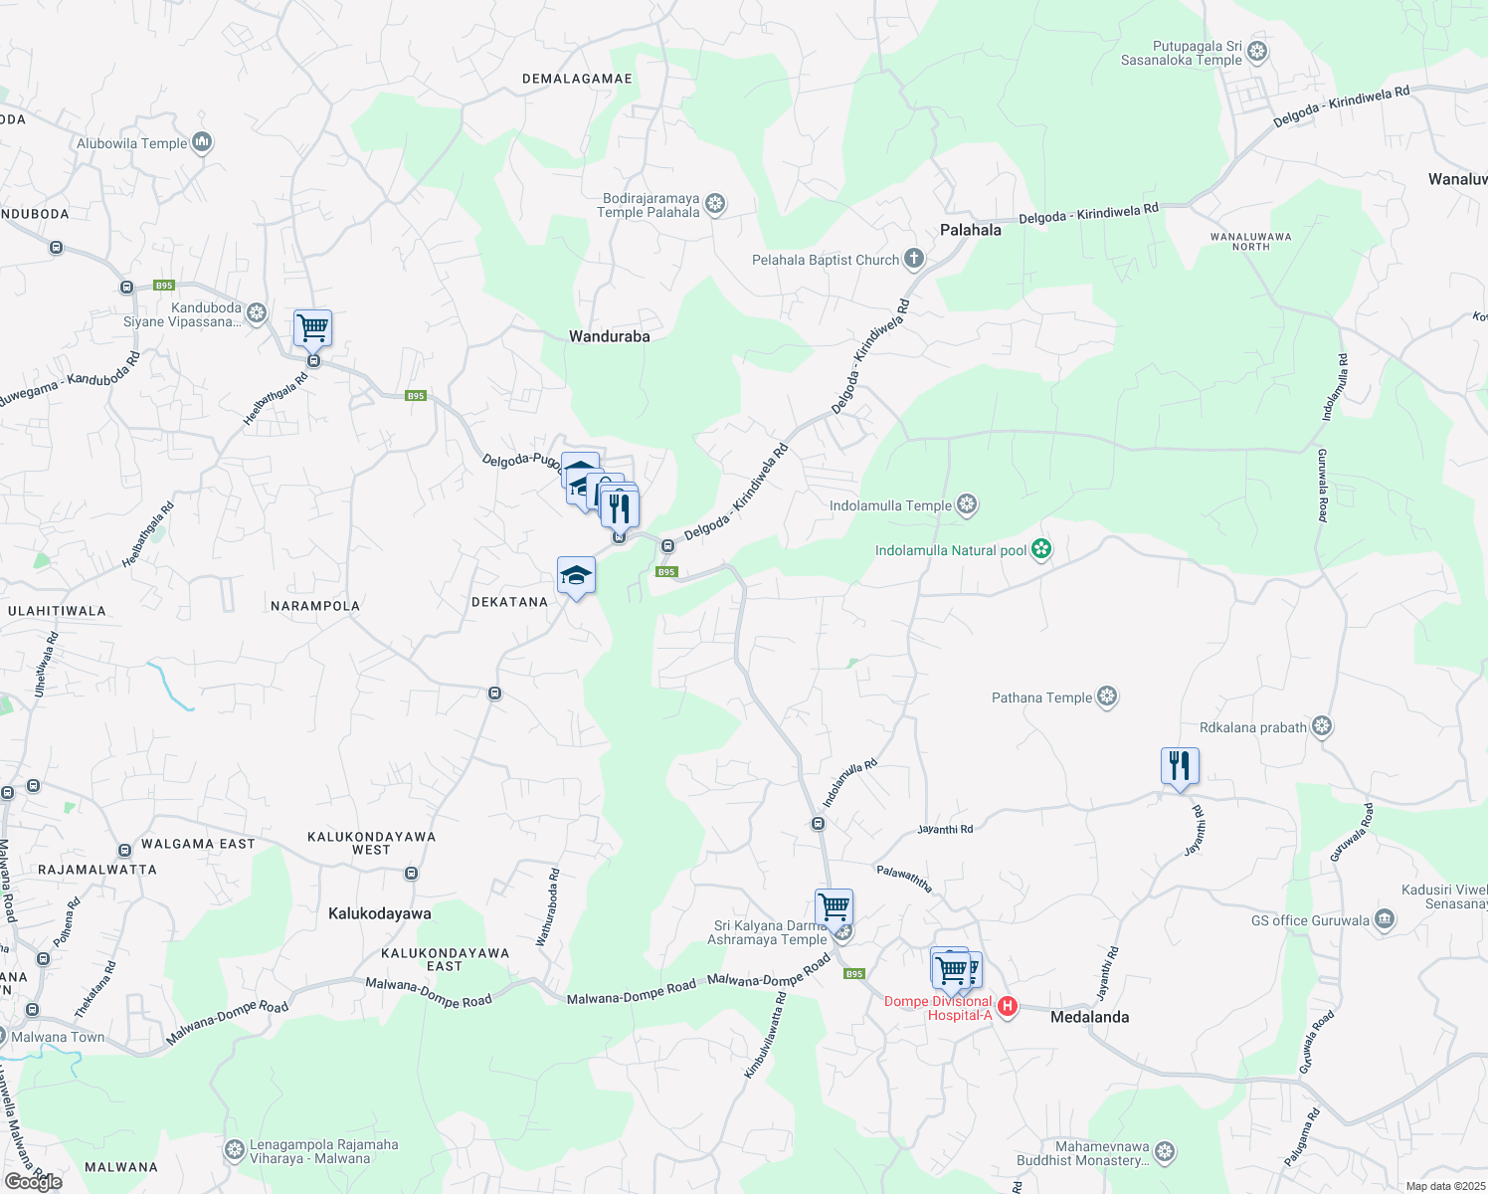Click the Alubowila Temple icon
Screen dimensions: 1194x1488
click(x=202, y=143)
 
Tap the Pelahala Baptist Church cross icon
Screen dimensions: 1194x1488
click(x=913, y=260)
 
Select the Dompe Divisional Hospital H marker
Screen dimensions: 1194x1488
click(x=1007, y=1007)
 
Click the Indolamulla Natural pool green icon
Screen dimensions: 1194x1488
click(x=1041, y=549)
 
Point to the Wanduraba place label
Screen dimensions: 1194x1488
click(x=609, y=336)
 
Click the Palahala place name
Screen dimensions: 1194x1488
click(x=970, y=230)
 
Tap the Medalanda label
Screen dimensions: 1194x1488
click(x=1089, y=1017)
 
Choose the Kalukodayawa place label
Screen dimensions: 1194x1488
click(x=379, y=913)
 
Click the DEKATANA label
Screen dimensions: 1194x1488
click(x=509, y=602)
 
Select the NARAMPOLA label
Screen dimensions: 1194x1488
click(x=315, y=606)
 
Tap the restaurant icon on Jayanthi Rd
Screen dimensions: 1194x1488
click(x=1180, y=766)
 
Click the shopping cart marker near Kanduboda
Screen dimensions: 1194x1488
click(x=312, y=327)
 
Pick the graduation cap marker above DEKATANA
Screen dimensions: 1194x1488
click(x=576, y=575)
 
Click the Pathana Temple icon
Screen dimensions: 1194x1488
click(x=1107, y=697)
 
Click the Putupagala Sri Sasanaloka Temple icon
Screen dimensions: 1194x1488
click(x=1257, y=52)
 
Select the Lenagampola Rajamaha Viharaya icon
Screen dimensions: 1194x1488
click(x=235, y=1150)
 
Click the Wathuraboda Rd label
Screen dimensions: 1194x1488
click(x=548, y=906)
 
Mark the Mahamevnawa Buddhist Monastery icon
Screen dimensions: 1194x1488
click(x=1165, y=1152)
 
